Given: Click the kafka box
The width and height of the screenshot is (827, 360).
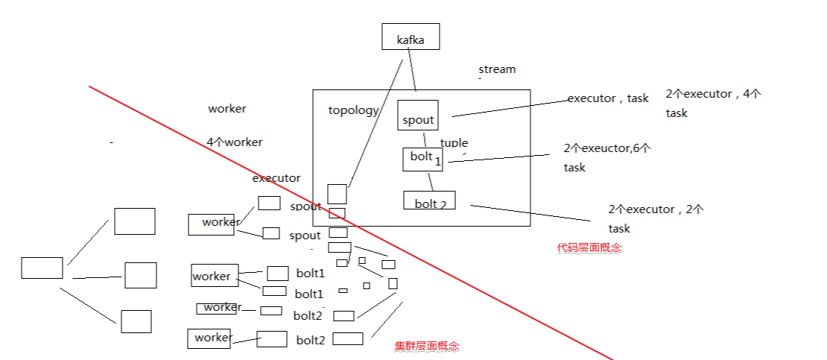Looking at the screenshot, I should point(411,37).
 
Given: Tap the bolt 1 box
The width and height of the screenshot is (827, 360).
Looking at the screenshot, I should point(422,159).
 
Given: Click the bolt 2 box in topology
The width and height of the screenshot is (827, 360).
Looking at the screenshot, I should point(428,200).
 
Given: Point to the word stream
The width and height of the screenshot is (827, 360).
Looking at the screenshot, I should point(497,69).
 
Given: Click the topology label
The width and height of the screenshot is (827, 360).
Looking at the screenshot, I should point(353,110).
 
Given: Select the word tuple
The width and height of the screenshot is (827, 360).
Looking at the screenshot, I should point(454,142).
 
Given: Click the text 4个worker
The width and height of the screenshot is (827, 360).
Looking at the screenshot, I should point(235,142).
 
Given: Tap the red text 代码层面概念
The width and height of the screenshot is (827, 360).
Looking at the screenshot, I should point(589,247).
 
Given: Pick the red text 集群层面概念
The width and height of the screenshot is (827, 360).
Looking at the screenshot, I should point(427,346).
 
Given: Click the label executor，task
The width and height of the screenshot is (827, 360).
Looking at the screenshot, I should point(608,98).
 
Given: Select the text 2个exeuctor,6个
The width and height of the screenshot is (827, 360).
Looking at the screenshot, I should point(607,148).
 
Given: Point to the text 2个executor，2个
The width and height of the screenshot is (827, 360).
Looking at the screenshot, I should point(656,209).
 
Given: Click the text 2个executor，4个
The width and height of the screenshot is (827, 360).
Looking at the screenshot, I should point(713,94).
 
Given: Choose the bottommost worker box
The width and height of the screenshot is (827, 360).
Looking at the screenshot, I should point(209,338).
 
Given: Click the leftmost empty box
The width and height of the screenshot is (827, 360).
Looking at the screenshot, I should point(42,268).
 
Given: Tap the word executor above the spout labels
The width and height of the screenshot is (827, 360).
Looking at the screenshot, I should point(276,178).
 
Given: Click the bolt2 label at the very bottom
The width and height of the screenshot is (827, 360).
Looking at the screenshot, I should point(311,340).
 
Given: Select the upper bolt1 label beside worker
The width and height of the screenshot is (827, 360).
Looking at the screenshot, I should point(310,273).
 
